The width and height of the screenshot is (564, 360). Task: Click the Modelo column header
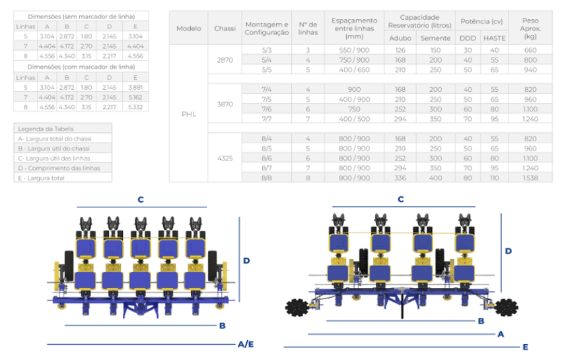(189, 28)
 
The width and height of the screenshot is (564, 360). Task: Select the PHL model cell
(189, 114)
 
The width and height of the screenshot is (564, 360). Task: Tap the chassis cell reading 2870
(225, 59)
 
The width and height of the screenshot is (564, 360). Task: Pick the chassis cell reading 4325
(225, 158)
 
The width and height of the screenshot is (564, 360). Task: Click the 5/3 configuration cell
(266, 50)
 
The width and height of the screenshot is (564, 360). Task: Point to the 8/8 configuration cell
(266, 178)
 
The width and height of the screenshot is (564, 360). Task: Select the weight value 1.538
(530, 178)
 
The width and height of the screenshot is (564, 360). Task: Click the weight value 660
(530, 50)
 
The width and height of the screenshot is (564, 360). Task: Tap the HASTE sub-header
(494, 38)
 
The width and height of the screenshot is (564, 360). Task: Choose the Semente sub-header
(435, 38)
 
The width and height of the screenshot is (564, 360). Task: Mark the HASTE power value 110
(494, 178)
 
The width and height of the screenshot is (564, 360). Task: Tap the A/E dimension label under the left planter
(246, 344)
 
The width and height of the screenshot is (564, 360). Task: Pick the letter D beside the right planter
(509, 251)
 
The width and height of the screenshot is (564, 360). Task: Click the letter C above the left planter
(141, 199)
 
